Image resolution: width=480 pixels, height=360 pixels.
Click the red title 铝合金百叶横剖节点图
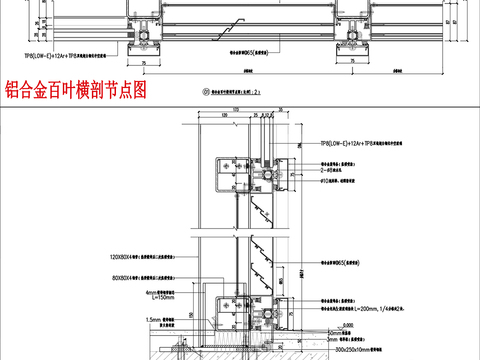76,90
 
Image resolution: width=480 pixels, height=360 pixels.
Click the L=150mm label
129,296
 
